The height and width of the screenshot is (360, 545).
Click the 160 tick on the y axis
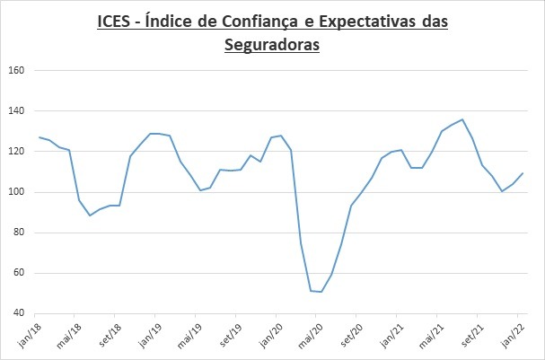[x=15, y=70]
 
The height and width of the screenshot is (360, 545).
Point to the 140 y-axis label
[x=15, y=110]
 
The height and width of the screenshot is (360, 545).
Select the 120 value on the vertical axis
[x=15, y=151]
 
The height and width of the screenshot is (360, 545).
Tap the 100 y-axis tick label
[x=15, y=192]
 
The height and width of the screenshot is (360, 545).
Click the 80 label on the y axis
[x=17, y=233]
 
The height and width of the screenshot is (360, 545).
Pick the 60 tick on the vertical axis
[x=17, y=273]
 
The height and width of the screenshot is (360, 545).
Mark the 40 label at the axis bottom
[x=17, y=313]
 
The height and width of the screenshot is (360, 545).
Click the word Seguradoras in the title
[x=272, y=43]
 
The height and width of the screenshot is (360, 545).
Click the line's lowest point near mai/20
[x=321, y=292]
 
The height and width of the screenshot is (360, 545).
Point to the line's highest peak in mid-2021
[x=461, y=119]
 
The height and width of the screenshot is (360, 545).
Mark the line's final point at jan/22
[x=523, y=173]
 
